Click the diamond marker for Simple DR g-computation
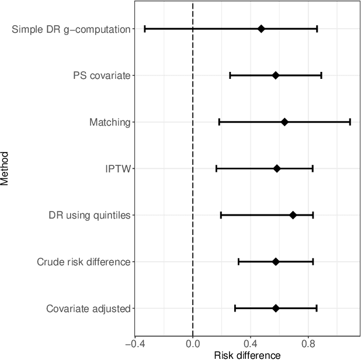click(x=261, y=29)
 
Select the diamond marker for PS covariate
click(x=276, y=75)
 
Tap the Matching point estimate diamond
click(x=284, y=122)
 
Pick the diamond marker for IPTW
click(x=277, y=168)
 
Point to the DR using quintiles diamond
click(x=293, y=215)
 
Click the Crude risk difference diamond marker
click(x=276, y=261)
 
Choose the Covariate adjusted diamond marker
click(x=276, y=308)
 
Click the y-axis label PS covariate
click(x=102, y=75)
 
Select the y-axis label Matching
click(x=110, y=122)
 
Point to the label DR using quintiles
click(x=89, y=215)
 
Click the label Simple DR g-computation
click(x=71, y=29)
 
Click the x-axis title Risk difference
click(x=239, y=355)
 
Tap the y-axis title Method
click(x=5, y=168)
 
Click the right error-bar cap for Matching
click(x=350, y=122)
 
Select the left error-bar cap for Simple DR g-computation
click(x=144, y=29)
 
